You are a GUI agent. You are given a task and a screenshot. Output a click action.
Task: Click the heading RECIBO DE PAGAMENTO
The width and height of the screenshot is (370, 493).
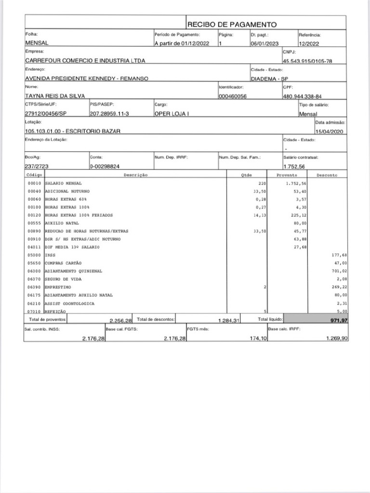coord(232,24)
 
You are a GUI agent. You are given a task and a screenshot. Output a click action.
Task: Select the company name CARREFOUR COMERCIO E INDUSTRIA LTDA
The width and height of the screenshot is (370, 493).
coord(85,61)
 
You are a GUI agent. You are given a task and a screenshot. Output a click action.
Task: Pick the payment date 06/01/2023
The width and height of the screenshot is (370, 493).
coord(264,43)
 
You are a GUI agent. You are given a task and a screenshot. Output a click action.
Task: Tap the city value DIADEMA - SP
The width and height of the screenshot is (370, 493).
coord(269,78)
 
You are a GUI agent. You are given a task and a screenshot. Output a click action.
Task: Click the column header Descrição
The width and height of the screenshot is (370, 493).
coord(135,175)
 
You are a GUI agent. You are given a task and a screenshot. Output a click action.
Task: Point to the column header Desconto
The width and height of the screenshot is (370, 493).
coord(327,175)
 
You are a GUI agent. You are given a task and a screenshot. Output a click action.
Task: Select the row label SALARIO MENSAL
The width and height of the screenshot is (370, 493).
coord(64,183)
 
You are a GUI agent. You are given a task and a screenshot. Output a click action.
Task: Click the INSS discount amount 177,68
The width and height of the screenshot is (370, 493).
coord(339,255)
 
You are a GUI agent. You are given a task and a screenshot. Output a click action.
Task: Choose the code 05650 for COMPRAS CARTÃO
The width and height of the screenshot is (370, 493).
coord(34,263)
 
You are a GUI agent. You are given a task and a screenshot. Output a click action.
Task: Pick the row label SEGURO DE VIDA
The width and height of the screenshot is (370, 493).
coord(65,279)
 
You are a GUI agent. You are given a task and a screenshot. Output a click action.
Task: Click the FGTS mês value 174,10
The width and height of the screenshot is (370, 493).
coord(252,339)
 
